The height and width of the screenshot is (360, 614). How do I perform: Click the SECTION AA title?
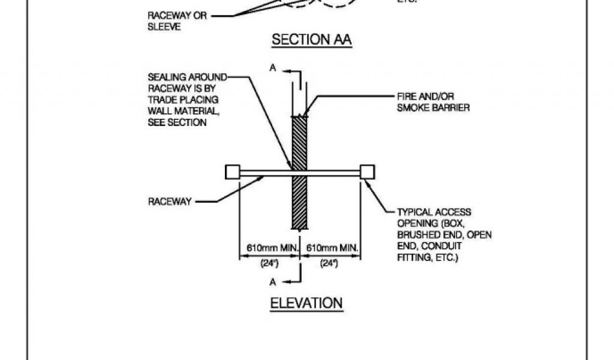coord(311,40)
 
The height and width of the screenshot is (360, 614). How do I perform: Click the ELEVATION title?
coord(306,303)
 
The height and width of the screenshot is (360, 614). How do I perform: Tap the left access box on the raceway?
coord(232,172)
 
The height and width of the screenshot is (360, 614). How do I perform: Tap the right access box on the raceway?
coord(367,172)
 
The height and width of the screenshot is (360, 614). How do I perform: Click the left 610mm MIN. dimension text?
coord(269,248)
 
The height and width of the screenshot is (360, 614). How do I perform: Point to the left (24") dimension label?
coord(269,263)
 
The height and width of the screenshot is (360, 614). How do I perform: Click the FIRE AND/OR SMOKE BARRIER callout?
coord(432,101)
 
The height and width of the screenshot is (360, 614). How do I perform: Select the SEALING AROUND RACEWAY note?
coord(183,100)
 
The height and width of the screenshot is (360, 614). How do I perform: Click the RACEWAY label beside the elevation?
coord(170,202)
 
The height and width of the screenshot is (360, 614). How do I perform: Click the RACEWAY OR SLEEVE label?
coord(177,22)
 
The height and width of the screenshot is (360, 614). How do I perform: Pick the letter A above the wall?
coord(273,69)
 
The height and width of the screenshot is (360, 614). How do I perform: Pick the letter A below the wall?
coord(273,281)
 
